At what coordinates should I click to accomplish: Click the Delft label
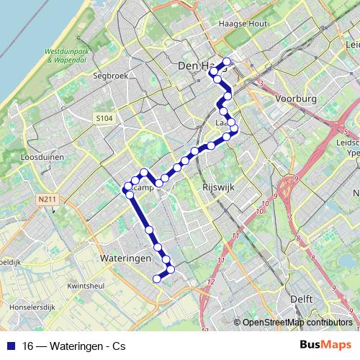301,297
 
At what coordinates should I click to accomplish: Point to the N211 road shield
48,199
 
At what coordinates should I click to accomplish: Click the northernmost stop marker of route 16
227,61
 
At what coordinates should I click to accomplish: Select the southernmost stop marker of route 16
157,278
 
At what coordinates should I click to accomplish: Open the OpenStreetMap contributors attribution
297,322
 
